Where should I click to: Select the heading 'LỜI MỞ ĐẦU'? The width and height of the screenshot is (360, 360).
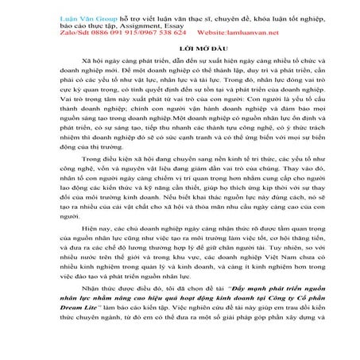point(180,48)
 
